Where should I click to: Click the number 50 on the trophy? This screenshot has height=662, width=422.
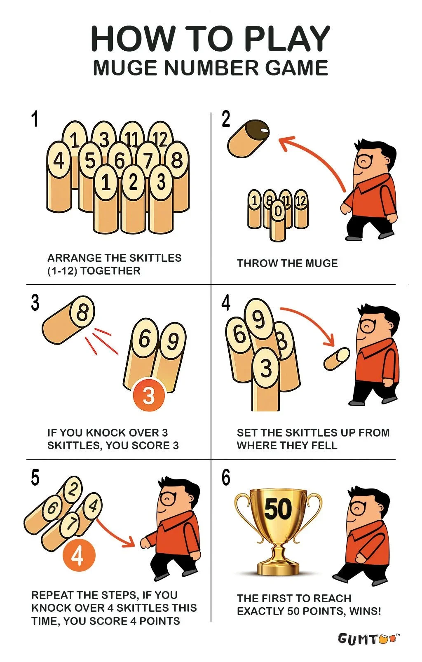point(277,509)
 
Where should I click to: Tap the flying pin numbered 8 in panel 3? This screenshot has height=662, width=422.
point(68,319)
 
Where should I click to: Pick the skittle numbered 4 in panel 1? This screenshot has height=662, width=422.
point(59,176)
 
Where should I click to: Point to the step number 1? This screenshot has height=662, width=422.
point(35,119)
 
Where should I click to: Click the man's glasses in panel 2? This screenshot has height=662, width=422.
point(364,160)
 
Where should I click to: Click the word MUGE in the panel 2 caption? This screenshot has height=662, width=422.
point(321,263)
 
